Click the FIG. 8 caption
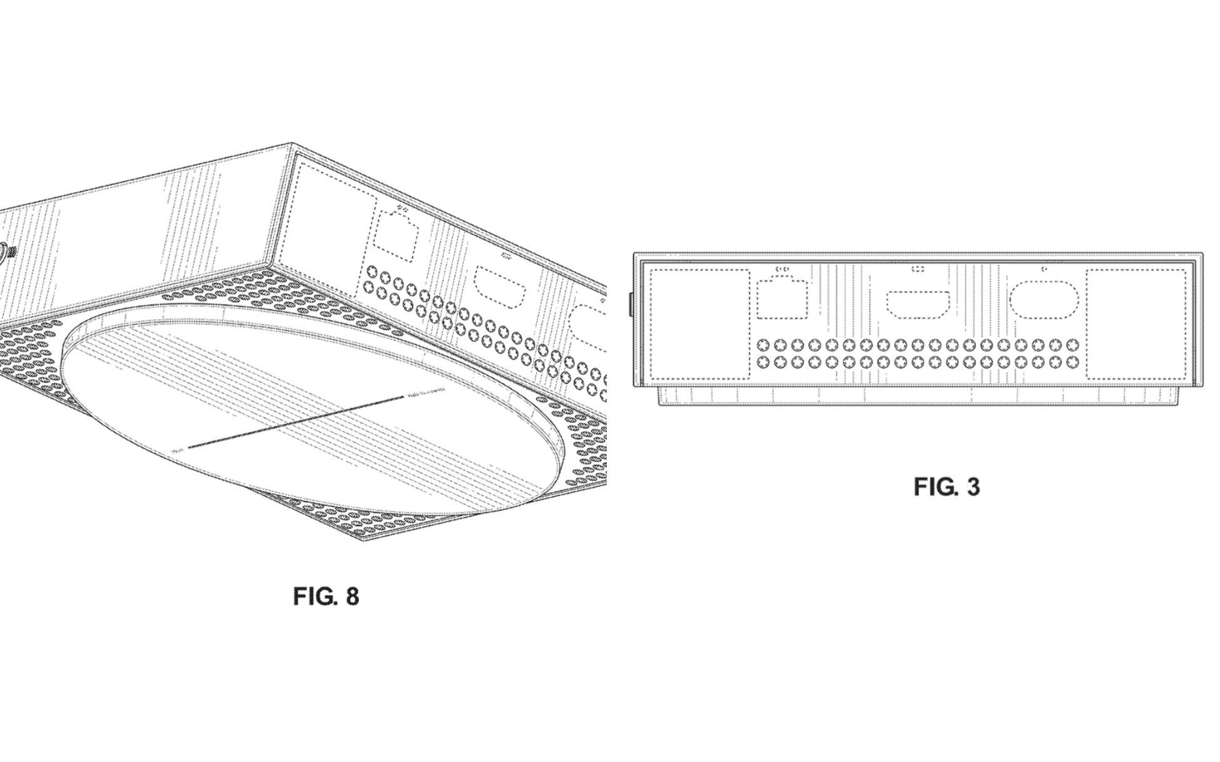pyautogui.click(x=326, y=596)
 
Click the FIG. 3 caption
pyautogui.click(x=947, y=487)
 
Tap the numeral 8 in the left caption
pyautogui.click(x=352, y=596)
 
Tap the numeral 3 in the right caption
pyautogui.click(x=973, y=487)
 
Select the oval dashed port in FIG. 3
pyautogui.click(x=1043, y=299)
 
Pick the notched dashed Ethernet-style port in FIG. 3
pyautogui.click(x=782, y=299)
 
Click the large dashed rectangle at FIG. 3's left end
pyautogui.click(x=699, y=324)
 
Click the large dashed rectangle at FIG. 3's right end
pyautogui.click(x=1136, y=324)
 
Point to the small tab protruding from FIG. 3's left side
pyautogui.click(x=631, y=303)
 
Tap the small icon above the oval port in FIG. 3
pyautogui.click(x=1043, y=269)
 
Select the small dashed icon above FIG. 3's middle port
pyautogui.click(x=918, y=269)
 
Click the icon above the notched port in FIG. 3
pyautogui.click(x=782, y=269)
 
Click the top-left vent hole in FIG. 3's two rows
pyautogui.click(x=763, y=345)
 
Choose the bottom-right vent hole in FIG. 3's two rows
pyautogui.click(x=1072, y=362)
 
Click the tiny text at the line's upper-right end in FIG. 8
pyautogui.click(x=425, y=392)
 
